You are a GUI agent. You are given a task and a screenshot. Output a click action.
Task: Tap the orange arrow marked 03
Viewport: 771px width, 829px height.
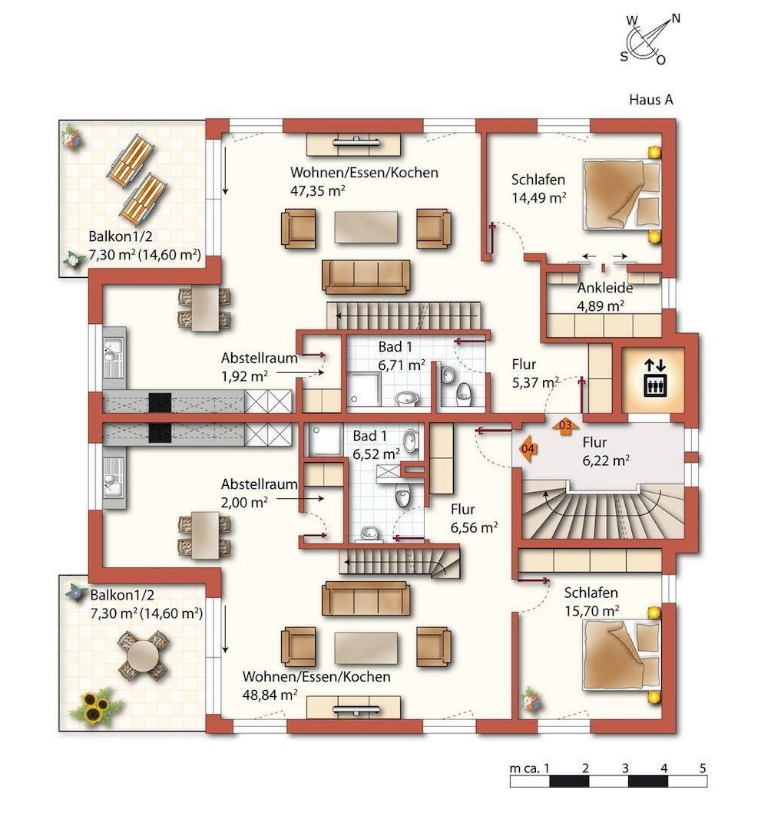pos(564,425)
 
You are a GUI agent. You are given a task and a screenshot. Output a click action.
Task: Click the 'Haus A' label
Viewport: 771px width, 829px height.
pos(651,99)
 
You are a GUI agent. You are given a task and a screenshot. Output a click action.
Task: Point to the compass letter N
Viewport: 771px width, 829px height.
pos(676,18)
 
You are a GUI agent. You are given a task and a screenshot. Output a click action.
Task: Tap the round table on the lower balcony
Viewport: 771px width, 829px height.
pos(143,655)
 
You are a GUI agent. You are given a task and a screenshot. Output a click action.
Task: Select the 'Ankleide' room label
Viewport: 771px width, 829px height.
pos(604,289)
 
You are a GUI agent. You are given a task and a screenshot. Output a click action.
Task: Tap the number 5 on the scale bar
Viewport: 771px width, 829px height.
pos(703,768)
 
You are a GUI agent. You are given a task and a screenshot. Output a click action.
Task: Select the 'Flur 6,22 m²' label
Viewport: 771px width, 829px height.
pos(605,451)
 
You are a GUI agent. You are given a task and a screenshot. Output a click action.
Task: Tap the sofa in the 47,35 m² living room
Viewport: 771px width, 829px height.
pos(366,276)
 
